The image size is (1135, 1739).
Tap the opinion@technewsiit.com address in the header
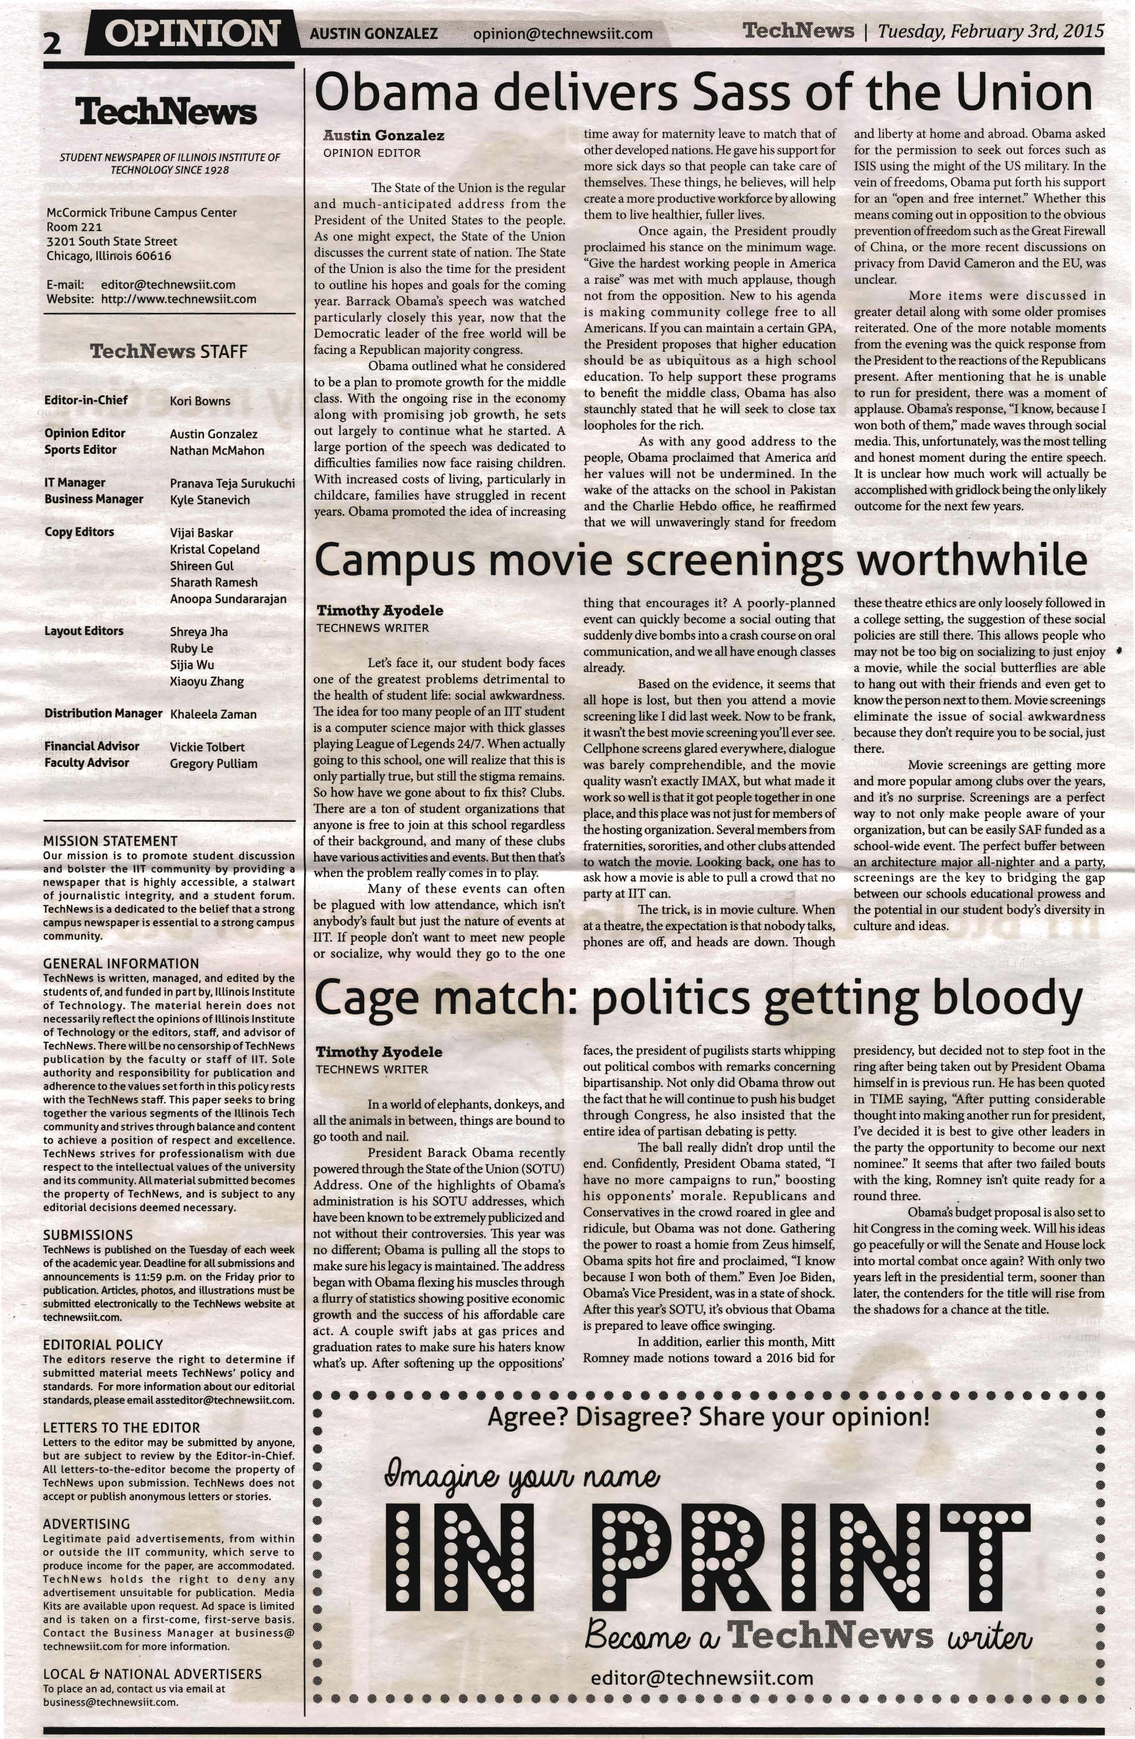(x=563, y=34)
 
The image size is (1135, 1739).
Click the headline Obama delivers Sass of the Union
(x=702, y=94)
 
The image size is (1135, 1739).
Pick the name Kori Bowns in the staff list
(x=200, y=401)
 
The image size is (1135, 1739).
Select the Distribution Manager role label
(x=103, y=713)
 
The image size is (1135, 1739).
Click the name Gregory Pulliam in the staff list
(x=213, y=764)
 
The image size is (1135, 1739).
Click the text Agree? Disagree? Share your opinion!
(x=708, y=1418)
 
